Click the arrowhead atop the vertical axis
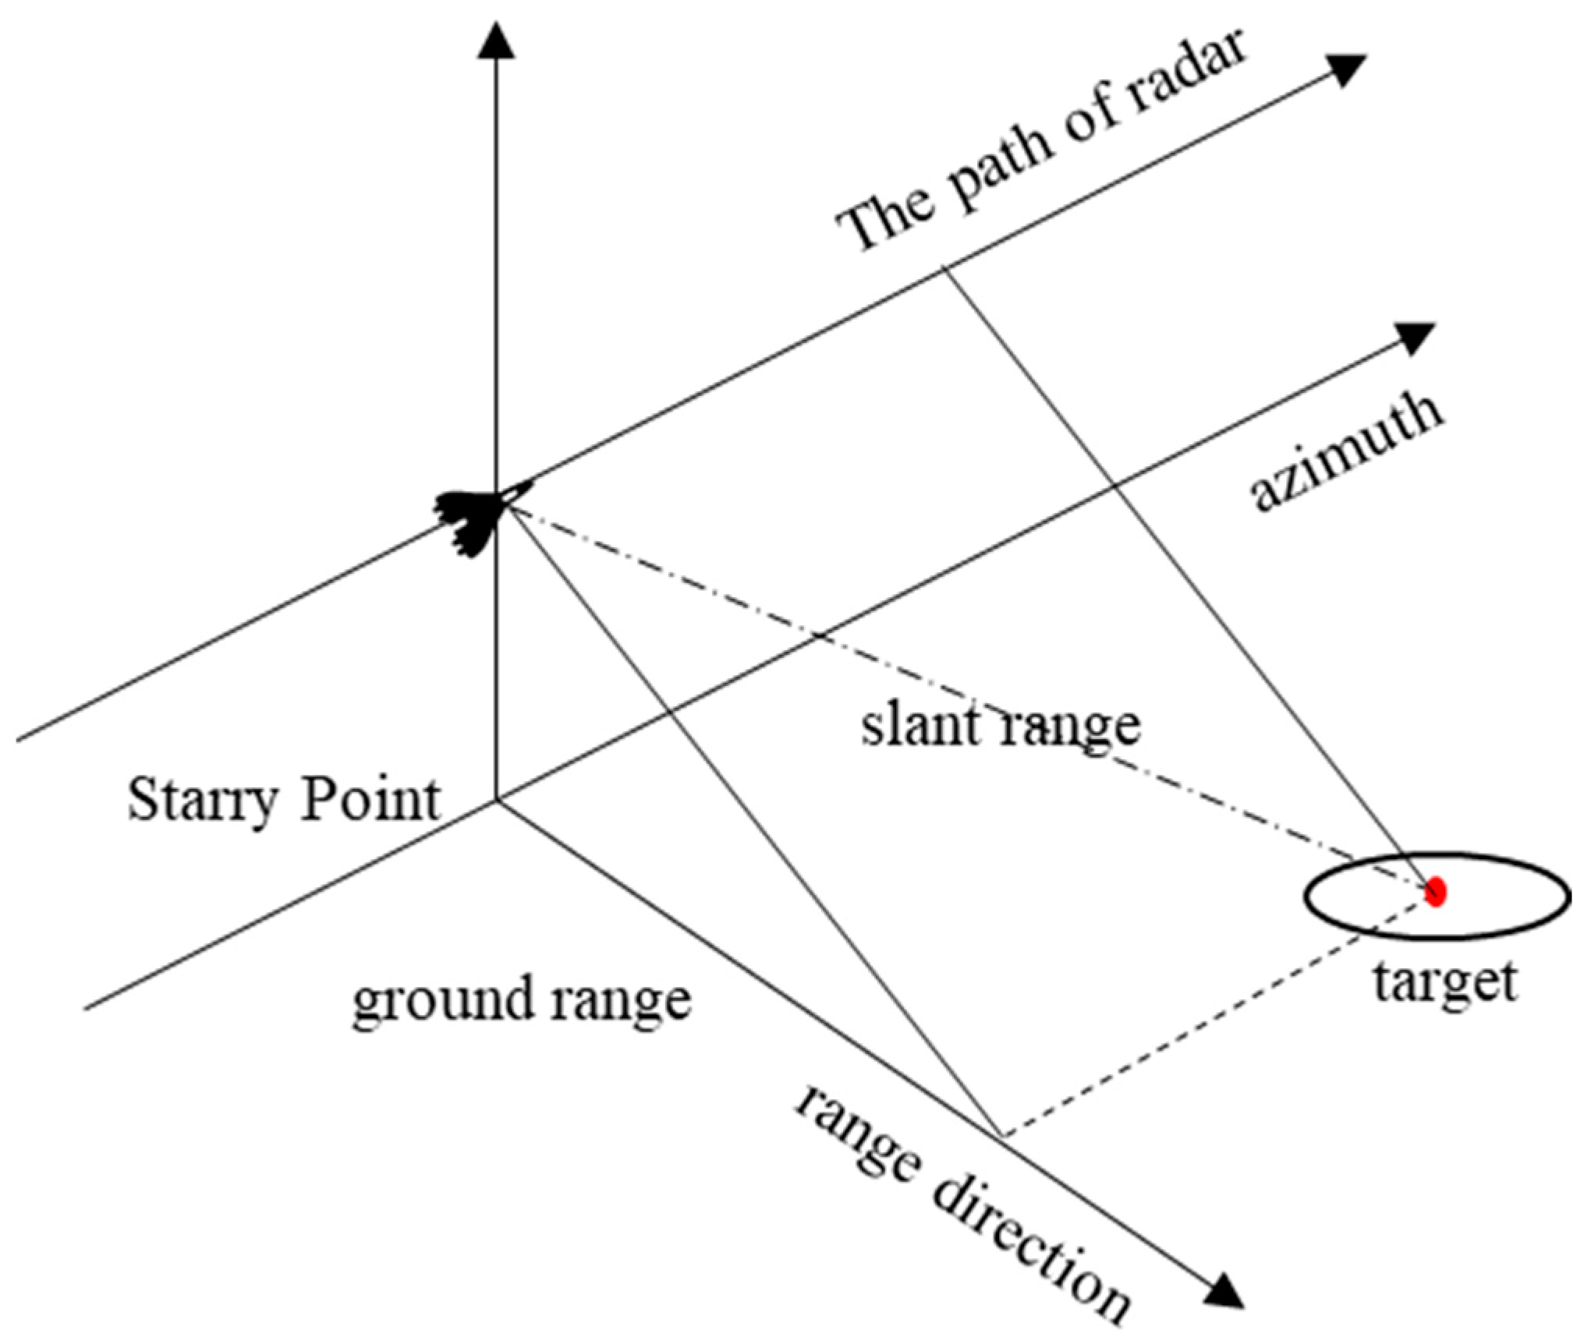click(496, 39)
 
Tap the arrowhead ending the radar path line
click(1347, 69)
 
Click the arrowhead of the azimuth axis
click(1414, 338)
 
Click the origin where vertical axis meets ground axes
click(497, 800)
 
